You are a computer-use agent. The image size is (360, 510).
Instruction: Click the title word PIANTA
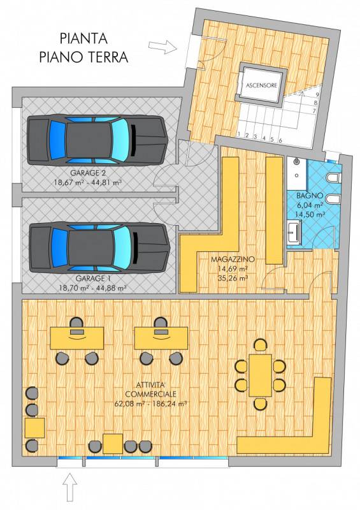[83, 38]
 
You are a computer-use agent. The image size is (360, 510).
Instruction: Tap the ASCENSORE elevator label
[261, 85]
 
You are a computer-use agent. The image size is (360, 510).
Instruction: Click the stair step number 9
[317, 95]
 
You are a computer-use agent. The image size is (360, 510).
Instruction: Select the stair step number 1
[239, 134]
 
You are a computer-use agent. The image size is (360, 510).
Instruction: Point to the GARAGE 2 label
[88, 173]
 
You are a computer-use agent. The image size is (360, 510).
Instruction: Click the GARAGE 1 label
[92, 279]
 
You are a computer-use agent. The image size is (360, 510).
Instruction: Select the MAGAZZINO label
[233, 259]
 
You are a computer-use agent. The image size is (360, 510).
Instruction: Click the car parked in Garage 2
[97, 140]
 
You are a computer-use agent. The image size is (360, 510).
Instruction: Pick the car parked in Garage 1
[99, 247]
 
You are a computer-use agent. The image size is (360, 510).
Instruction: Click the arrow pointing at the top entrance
[163, 47]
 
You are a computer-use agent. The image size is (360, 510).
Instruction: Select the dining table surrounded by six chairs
[260, 375]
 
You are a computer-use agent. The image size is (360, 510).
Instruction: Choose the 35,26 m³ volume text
[233, 278]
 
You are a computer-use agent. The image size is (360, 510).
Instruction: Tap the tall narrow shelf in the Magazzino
[274, 210]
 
